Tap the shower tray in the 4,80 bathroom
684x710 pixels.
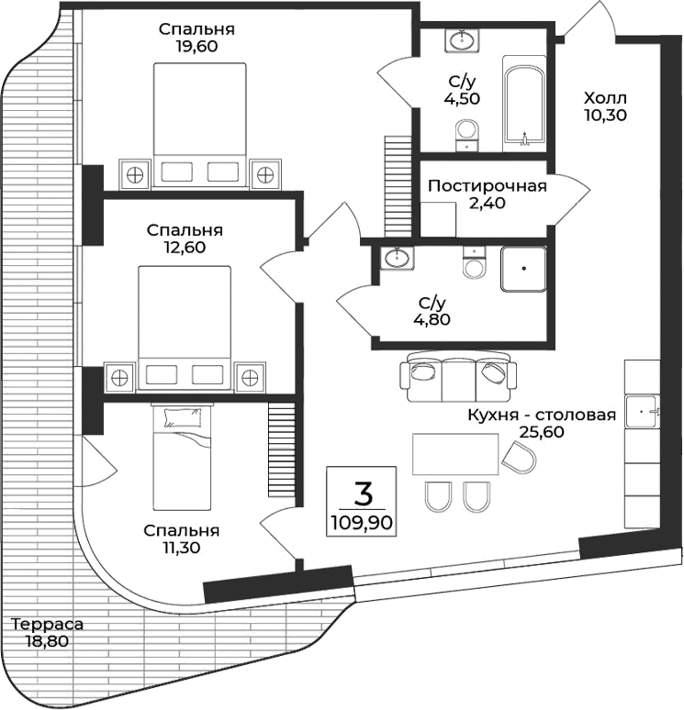[x=523, y=270]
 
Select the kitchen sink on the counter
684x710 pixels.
[x=641, y=411]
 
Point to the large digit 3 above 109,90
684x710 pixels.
[x=364, y=494]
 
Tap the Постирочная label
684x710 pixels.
[x=487, y=186]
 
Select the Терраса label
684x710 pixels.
[x=47, y=625]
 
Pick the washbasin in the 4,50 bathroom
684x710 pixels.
[x=462, y=41]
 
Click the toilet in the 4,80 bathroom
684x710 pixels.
[x=474, y=265]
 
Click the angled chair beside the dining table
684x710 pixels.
[x=520, y=457]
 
